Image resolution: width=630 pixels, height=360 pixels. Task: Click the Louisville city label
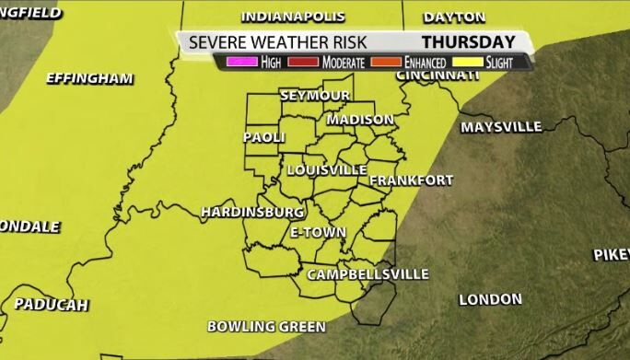pos(327,170)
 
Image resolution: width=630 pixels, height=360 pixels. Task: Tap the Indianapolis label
pos(293,17)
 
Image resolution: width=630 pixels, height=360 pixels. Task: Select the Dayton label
pos(454,17)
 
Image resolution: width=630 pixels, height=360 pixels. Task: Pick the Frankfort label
pos(412,180)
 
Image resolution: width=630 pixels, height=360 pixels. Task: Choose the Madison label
pos(360,120)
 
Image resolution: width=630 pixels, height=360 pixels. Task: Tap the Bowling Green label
pos(266,326)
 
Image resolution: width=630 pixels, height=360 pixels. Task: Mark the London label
pos(489,299)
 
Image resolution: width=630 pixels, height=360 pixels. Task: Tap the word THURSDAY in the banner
pos(468,42)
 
